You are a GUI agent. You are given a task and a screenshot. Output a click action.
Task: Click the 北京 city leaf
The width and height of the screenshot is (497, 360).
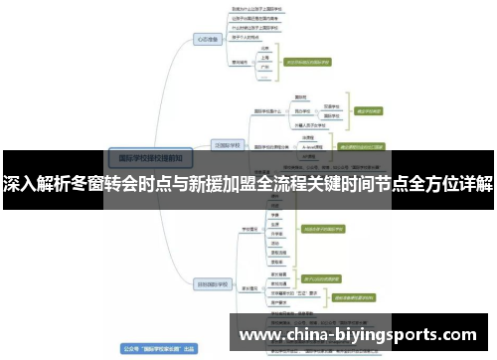264,48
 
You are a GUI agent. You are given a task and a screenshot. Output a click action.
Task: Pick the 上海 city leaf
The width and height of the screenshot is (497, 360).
264,58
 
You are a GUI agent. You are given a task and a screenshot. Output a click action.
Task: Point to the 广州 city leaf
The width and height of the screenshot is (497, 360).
264,68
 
